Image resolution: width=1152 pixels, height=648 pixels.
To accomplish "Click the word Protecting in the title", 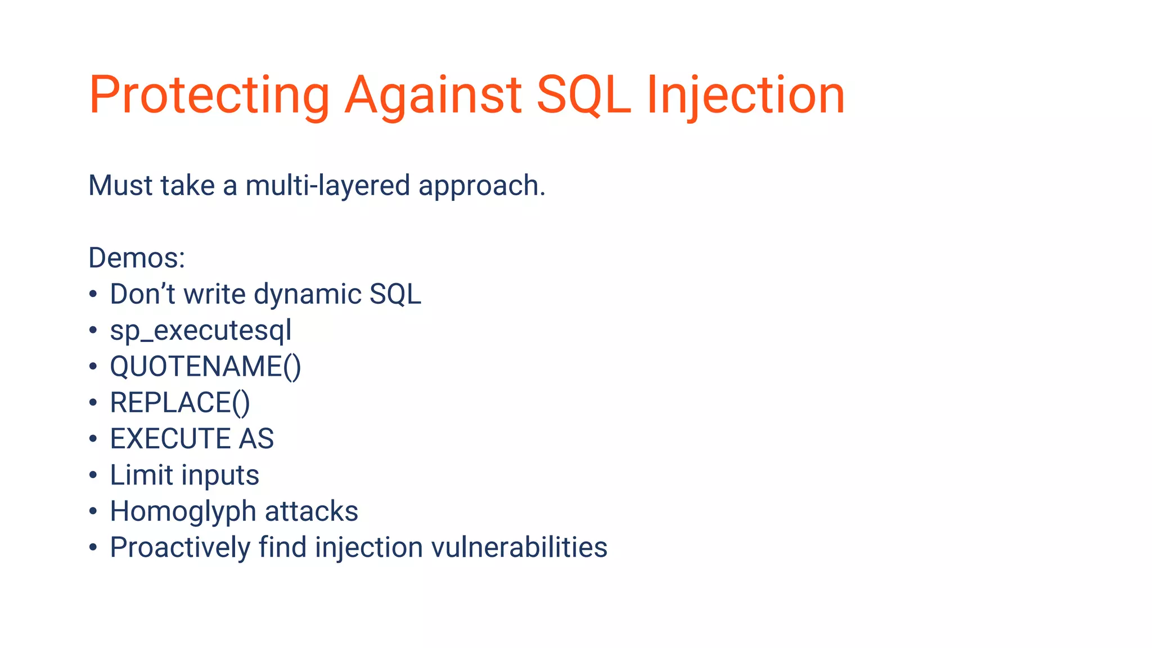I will pos(209,96).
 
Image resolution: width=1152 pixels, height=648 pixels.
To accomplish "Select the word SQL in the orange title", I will pos(583,96).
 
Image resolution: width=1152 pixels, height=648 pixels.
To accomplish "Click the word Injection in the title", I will pos(745,96).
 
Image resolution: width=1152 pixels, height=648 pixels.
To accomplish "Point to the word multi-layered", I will pos(327,186).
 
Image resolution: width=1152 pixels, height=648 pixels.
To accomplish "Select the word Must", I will pos(119,186).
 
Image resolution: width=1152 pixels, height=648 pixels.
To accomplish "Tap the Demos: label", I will pos(137,258).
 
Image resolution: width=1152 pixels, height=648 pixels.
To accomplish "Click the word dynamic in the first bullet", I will pos(307,295).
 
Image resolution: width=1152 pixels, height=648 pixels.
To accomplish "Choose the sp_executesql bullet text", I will pos(200,331).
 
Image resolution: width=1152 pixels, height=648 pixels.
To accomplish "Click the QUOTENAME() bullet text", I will pos(205,367).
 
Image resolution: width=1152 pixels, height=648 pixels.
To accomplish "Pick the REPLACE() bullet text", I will pos(179,403).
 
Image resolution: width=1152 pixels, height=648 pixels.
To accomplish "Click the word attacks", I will pos(311,511).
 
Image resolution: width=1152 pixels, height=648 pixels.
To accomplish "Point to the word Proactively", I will pos(179,548).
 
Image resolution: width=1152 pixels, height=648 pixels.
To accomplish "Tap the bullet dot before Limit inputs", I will pos(93,475).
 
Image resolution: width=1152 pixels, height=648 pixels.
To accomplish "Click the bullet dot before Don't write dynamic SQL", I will pos(93,294).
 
